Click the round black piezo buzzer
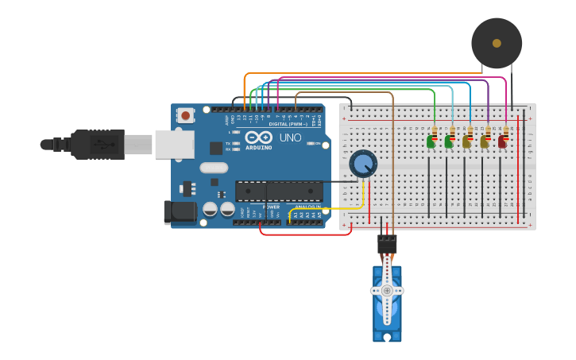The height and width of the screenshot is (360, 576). [x=497, y=43]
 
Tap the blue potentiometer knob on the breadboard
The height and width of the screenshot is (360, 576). [x=363, y=164]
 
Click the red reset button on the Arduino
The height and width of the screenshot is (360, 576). [x=185, y=115]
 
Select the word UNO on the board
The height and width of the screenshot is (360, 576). [x=290, y=137]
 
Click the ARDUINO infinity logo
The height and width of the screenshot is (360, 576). [x=258, y=137]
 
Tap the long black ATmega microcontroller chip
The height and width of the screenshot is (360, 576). [x=279, y=191]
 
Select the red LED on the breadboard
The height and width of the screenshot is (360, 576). [x=502, y=142]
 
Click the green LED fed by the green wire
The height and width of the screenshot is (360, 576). [x=431, y=141]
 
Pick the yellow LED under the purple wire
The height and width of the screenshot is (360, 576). [x=484, y=142]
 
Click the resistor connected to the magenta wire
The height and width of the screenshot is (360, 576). [x=506, y=132]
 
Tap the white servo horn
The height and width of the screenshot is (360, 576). [x=387, y=291]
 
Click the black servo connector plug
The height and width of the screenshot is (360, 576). [x=387, y=243]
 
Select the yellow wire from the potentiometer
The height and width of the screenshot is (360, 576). [x=334, y=208]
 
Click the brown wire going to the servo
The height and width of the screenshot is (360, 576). [x=392, y=159]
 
